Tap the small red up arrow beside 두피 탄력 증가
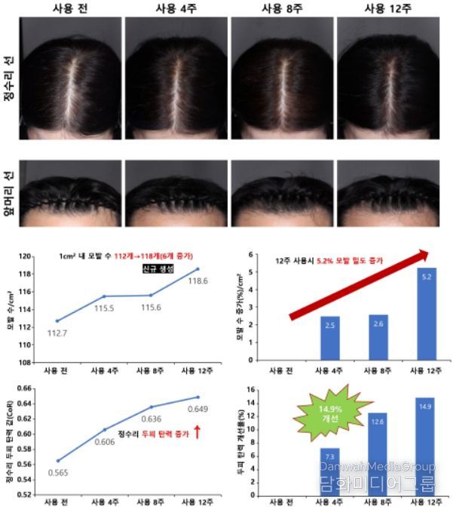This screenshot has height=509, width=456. [197, 431]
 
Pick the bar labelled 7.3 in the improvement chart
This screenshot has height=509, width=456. [329, 472]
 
